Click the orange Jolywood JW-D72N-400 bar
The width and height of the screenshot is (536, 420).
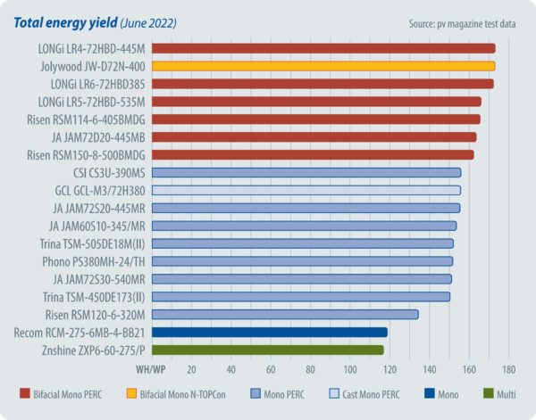tap(322, 66)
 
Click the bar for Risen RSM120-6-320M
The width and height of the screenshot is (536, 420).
tap(285, 314)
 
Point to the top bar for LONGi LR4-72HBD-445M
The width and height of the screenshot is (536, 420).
tap(322, 48)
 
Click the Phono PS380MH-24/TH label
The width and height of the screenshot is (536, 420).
tap(94, 261)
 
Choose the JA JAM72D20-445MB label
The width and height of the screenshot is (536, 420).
tap(99, 136)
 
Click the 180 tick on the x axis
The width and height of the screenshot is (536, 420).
tap(509, 368)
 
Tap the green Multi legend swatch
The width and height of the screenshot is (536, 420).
tap(487, 392)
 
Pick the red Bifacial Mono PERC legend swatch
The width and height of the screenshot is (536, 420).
tap(25, 392)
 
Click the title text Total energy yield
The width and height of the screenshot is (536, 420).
tap(62, 21)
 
